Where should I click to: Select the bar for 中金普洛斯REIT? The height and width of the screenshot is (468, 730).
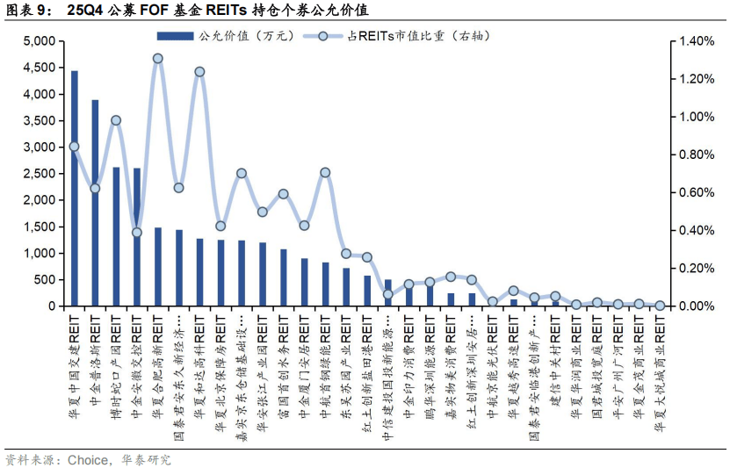click(x=95, y=203)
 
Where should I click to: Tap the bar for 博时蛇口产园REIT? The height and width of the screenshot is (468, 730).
click(x=116, y=237)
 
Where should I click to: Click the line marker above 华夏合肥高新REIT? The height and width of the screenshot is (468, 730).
click(x=157, y=59)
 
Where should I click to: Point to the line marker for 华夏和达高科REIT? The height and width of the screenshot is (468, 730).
click(x=199, y=72)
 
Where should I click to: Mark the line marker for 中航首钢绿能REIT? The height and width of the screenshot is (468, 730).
click(x=325, y=172)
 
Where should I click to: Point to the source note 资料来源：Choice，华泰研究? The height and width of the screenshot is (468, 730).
click(x=88, y=459)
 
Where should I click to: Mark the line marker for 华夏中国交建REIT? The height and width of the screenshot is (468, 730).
click(x=74, y=147)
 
